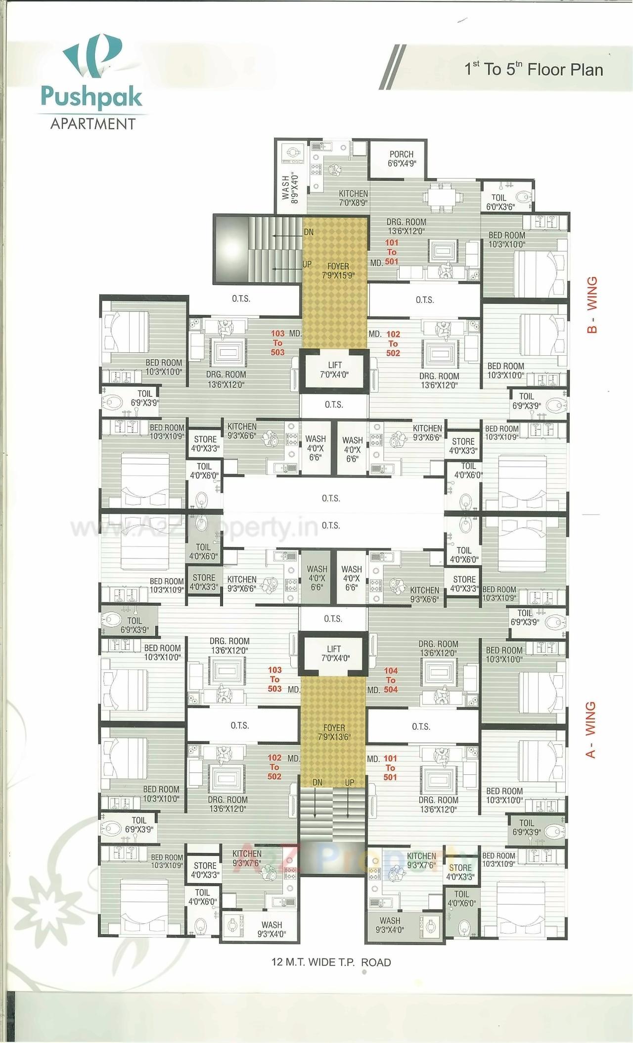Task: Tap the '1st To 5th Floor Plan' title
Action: [534, 69]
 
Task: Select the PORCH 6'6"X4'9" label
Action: [401, 159]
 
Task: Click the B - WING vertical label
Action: [592, 304]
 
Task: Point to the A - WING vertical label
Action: [590, 730]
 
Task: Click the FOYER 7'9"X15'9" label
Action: [338, 271]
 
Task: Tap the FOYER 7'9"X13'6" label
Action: [334, 732]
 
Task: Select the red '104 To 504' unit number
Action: [391, 680]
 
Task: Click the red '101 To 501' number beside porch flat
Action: [392, 252]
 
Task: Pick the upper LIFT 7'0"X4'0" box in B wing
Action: [335, 370]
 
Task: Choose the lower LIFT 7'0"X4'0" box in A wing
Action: [334, 653]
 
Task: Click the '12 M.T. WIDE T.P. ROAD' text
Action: [331, 962]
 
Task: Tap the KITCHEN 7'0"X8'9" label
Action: [353, 198]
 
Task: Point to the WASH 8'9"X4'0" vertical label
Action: [290, 187]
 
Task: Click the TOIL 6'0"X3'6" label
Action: [500, 202]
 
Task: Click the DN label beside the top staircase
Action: [309, 232]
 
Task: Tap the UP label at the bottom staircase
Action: [350, 783]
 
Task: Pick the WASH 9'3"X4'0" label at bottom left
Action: [271, 929]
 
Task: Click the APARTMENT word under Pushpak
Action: [92, 124]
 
